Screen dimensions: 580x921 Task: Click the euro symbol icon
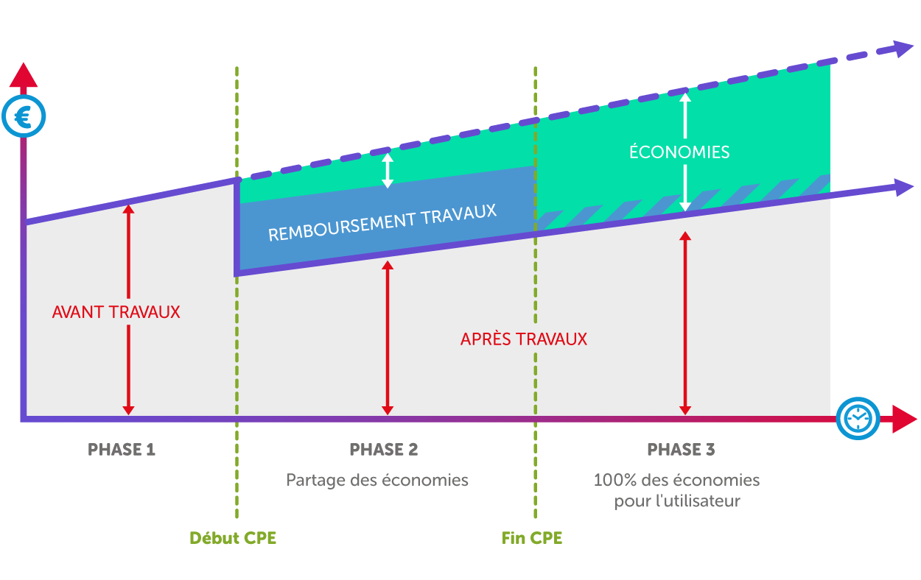[24, 117]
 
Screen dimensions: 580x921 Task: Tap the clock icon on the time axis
[858, 418]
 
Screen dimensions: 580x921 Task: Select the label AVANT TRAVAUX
[116, 312]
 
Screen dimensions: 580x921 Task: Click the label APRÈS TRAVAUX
[523, 339]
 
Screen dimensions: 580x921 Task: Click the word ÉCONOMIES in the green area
[679, 152]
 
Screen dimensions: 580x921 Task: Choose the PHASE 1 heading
[122, 449]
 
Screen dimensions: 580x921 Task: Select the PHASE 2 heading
[383, 449]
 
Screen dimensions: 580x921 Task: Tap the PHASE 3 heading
[681, 449]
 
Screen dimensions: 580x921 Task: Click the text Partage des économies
[377, 480]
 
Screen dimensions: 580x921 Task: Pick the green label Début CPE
[233, 538]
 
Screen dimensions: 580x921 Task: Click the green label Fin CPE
[532, 538]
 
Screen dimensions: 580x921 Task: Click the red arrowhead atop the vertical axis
[24, 74]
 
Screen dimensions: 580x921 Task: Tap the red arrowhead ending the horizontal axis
[903, 418]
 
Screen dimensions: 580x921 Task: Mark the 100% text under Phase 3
[611, 481]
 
